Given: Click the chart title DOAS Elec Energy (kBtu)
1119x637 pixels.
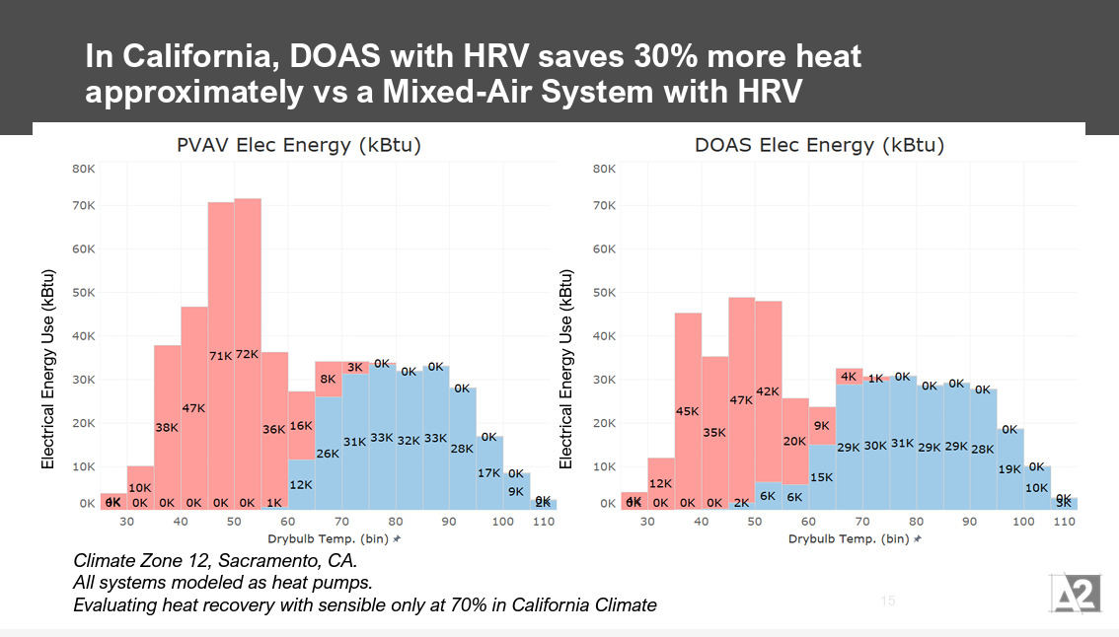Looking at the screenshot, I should (x=819, y=146).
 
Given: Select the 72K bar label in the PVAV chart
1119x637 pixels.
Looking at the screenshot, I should (x=247, y=355).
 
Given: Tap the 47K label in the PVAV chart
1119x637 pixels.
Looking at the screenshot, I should (x=193, y=407).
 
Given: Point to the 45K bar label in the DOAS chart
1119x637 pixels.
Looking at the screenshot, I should (x=688, y=411).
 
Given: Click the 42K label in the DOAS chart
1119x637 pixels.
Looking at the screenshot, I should (x=768, y=391).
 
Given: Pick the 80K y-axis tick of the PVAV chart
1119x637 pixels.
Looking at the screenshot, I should (x=83, y=169).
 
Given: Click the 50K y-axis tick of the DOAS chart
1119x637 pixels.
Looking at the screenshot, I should (x=603, y=293).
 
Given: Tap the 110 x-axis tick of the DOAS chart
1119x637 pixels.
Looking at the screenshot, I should (x=1064, y=522).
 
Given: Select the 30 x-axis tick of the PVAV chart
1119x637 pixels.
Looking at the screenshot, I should (x=126, y=522).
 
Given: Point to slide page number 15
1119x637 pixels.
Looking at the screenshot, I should (x=887, y=601).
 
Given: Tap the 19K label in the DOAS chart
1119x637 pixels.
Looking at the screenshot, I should (x=1009, y=469).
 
